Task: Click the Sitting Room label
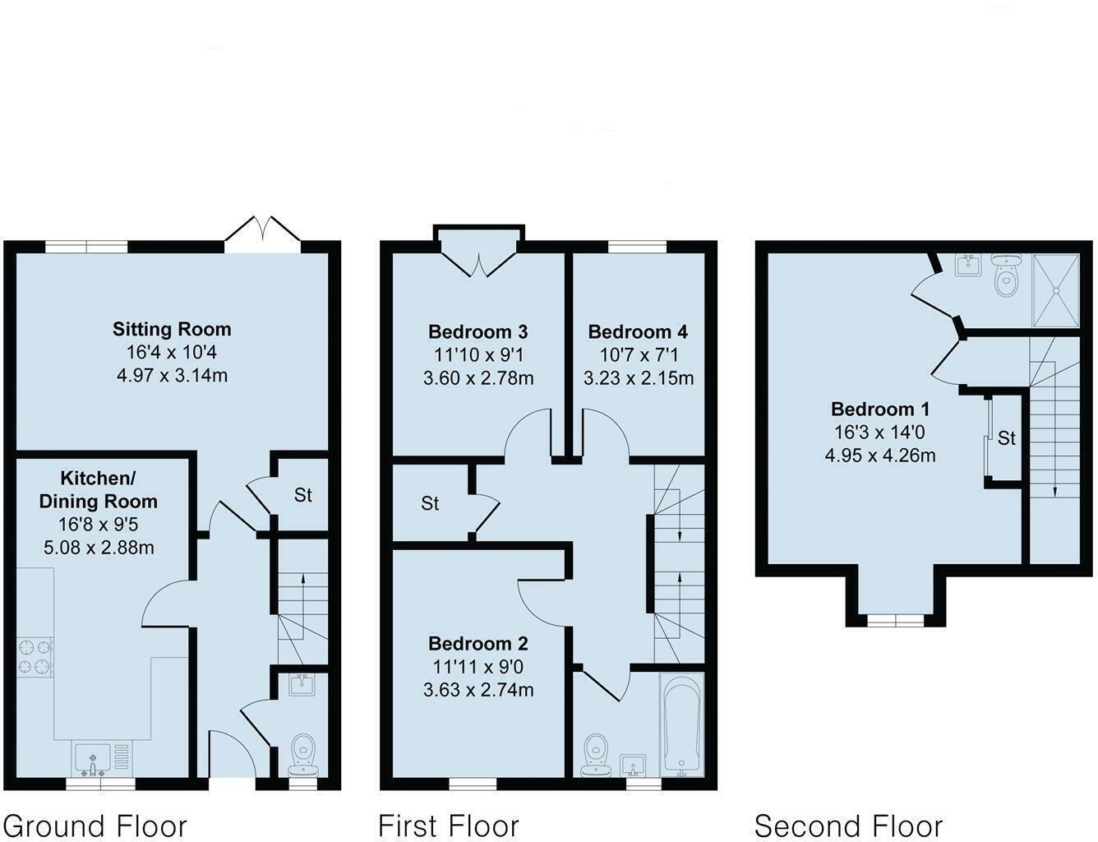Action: tap(172, 330)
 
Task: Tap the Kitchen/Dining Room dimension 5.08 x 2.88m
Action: tap(99, 548)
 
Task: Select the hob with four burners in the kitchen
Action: tap(35, 657)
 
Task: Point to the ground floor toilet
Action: tap(303, 756)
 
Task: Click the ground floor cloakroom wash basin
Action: tap(302, 686)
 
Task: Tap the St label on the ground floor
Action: tap(302, 495)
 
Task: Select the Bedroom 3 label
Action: tap(478, 332)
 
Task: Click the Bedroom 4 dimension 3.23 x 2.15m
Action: tap(639, 378)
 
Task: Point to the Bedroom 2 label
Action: tap(478, 644)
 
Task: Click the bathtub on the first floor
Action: tap(681, 725)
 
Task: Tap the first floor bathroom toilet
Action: tap(596, 756)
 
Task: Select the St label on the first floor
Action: tap(430, 503)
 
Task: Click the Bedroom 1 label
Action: tap(880, 409)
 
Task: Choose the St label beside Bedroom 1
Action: tap(1007, 438)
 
